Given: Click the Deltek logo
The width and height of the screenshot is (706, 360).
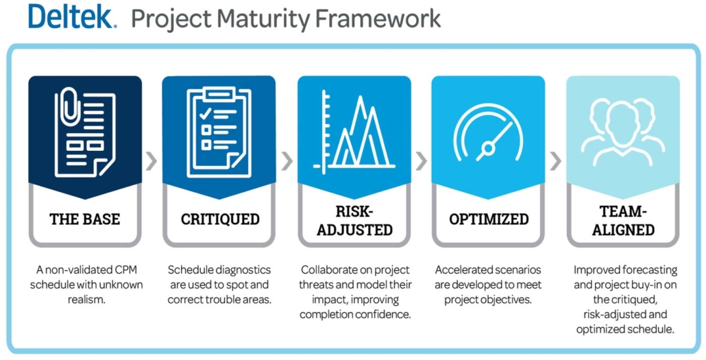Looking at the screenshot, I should point(73,16).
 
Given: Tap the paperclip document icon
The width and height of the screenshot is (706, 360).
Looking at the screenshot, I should point(84,130).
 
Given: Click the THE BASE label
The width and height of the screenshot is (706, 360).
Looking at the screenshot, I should point(84,219).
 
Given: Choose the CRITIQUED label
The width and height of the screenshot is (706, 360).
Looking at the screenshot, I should point(219,219).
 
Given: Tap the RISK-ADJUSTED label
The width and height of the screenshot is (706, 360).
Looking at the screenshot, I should point(354,219).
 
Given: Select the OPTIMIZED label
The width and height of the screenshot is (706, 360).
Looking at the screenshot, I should point(488,219).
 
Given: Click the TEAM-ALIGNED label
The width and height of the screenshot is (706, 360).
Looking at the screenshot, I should point(622,219).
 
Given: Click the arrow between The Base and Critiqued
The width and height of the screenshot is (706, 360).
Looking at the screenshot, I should point(151,161).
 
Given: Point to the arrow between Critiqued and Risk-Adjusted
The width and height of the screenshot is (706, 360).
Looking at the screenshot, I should point(287,161).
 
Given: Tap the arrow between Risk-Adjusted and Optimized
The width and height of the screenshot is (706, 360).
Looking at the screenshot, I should point(421,161).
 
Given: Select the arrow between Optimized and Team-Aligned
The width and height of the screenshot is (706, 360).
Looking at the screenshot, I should point(555,161).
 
